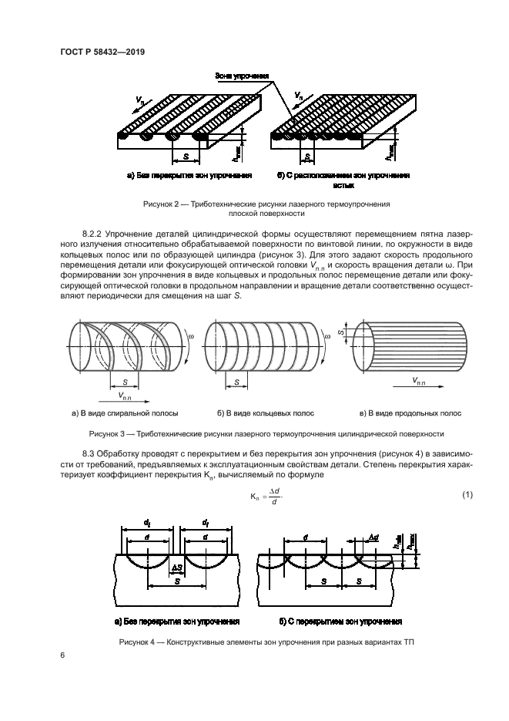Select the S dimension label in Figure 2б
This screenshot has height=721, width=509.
[x=308, y=157]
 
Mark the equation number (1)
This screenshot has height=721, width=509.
[x=467, y=494]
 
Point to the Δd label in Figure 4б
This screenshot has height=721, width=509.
[x=373, y=536]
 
